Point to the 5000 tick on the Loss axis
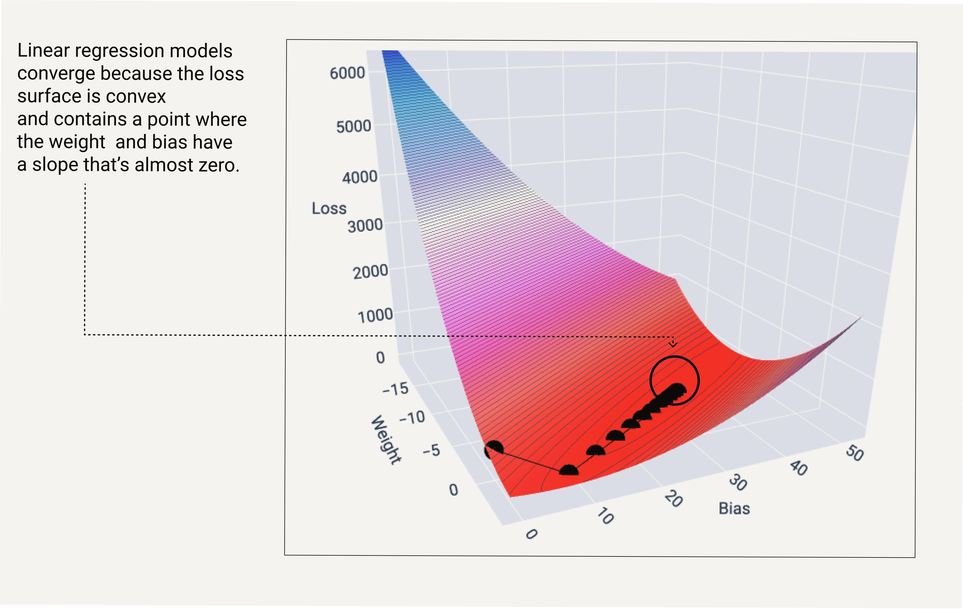click(353, 126)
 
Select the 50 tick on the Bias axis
click(855, 453)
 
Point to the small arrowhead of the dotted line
click(673, 344)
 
